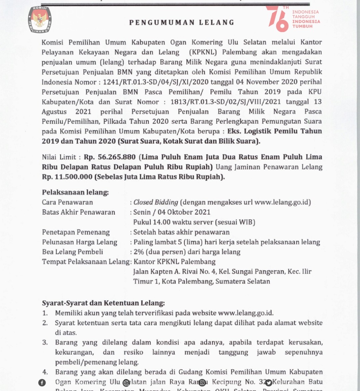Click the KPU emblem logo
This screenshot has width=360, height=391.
(40, 19)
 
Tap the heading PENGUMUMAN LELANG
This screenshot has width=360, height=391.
(182, 23)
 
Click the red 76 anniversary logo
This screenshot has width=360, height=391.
(277, 19)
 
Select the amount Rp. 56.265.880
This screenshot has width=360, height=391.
(110, 157)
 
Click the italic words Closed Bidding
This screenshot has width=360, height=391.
(156, 202)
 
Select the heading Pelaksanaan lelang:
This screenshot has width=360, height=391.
(75, 192)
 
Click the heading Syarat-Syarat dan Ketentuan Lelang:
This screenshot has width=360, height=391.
(103, 303)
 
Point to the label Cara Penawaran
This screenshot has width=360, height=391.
(67, 202)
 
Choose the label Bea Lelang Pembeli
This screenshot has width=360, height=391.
(72, 252)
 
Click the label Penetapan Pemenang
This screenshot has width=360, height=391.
(76, 232)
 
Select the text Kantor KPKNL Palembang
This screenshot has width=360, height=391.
(174, 262)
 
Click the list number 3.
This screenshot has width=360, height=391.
(45, 342)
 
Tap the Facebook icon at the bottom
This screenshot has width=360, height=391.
(42, 383)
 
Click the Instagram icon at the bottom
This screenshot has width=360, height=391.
(202, 383)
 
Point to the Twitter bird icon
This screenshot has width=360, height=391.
(268, 383)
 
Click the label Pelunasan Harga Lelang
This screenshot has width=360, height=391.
(80, 242)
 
